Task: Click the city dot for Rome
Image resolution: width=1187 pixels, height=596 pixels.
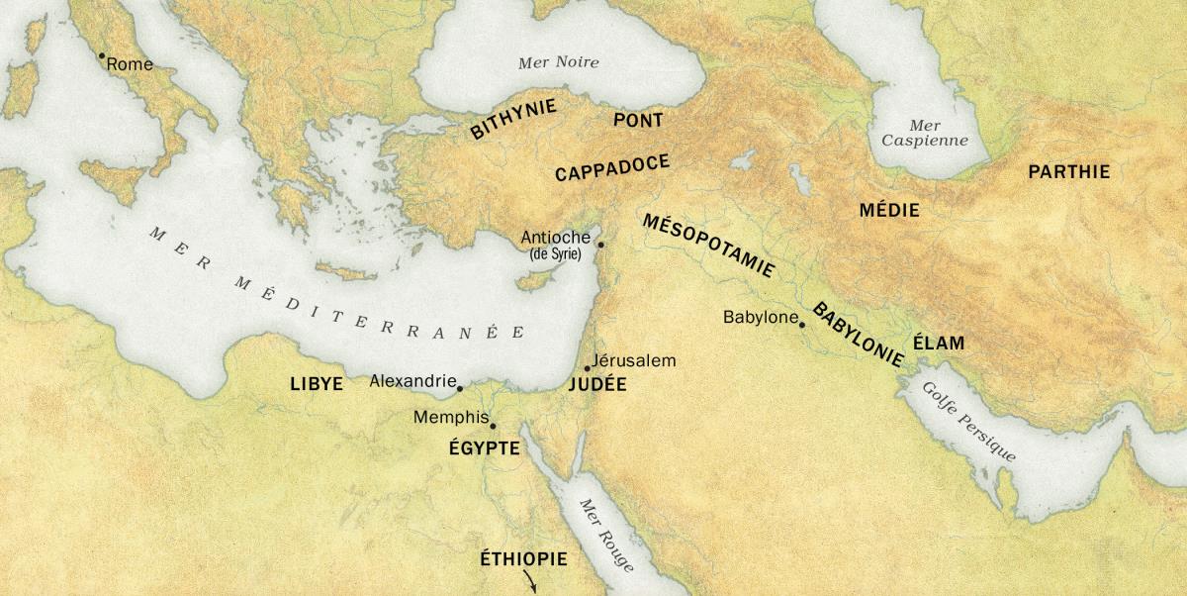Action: click(x=101, y=56)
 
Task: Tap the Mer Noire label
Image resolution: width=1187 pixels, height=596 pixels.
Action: click(x=559, y=62)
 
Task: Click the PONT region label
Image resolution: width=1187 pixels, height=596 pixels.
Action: click(x=638, y=120)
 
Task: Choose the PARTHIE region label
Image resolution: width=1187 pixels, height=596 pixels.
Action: click(x=1069, y=172)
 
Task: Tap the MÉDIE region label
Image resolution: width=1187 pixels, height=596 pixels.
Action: click(x=889, y=210)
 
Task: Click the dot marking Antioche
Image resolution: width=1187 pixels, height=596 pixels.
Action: click(x=599, y=244)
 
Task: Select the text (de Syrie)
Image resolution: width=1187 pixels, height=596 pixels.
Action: click(x=555, y=254)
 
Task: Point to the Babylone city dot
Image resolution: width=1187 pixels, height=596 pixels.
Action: click(x=802, y=324)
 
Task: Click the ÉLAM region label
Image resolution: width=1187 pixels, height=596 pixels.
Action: click(x=938, y=345)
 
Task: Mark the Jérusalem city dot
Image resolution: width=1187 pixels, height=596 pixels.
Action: click(x=588, y=368)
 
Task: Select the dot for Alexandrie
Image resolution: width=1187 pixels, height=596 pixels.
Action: click(x=460, y=388)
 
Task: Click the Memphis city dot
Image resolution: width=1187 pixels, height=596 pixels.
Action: click(x=493, y=427)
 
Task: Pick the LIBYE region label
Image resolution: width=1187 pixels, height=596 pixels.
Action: click(x=317, y=384)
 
